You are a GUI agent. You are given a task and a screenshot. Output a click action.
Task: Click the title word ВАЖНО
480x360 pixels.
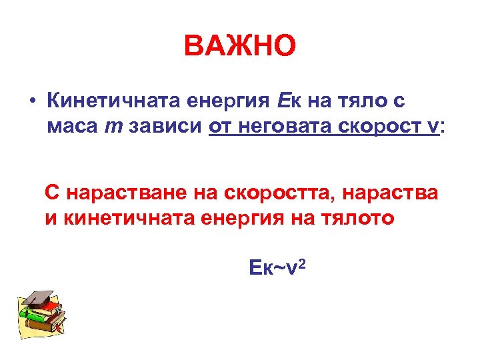pos(239,47)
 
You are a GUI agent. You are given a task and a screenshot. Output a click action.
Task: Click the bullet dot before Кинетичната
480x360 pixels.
pos(31,101)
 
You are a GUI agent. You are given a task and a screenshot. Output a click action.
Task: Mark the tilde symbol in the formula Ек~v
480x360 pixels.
pos(281,268)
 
